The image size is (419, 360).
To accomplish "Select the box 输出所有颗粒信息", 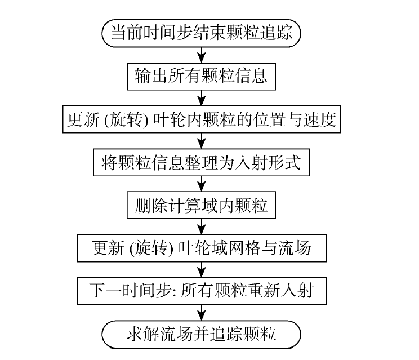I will click(x=201, y=75).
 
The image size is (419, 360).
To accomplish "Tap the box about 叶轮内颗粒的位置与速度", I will click(x=201, y=119).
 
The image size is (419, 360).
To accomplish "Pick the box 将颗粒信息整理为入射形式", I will click(x=201, y=163).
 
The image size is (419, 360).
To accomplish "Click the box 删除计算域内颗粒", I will click(x=201, y=205).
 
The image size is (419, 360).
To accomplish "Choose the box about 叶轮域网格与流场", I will click(x=201, y=248).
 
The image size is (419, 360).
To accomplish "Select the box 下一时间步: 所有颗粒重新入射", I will click(x=201, y=291).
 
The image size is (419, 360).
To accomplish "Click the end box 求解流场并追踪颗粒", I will click(x=201, y=334).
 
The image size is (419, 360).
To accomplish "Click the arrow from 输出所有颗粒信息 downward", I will click(x=201, y=97).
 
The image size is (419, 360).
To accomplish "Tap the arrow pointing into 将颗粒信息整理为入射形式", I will click(x=201, y=141).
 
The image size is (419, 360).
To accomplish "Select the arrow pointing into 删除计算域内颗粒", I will click(x=201, y=184).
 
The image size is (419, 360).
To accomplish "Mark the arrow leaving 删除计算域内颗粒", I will click(x=201, y=226).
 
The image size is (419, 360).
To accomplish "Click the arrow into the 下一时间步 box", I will click(x=201, y=269).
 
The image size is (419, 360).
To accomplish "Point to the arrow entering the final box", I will click(x=201, y=312).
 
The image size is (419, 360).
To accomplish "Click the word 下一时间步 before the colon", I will click(x=115, y=291).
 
